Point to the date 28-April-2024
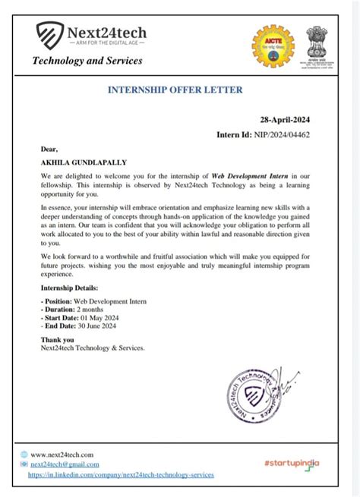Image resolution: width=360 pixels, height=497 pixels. [x=285, y=120]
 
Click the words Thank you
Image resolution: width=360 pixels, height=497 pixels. [x=58, y=339]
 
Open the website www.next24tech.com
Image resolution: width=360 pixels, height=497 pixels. [x=62, y=454]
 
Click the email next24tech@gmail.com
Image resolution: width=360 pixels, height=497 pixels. [x=65, y=464]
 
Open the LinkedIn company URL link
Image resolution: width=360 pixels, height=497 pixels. [x=121, y=473]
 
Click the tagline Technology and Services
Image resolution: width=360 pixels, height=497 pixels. [x=87, y=61]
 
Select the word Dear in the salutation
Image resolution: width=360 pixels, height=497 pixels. [x=49, y=149]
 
